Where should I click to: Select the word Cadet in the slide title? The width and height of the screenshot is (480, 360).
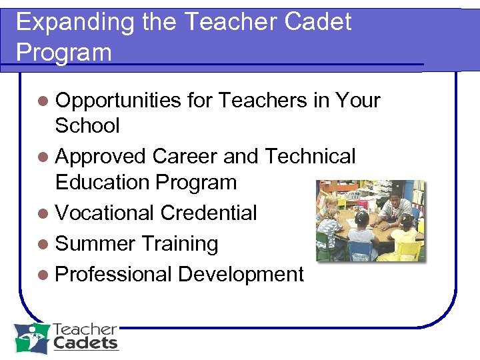coord(318,23)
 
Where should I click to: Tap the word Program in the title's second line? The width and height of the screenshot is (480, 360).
coord(64,52)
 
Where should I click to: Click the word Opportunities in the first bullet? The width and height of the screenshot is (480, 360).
coord(118,101)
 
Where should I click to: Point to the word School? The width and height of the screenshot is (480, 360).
coord(87,125)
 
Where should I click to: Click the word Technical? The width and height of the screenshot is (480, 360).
coord(310,157)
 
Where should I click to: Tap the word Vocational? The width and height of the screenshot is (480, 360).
coord(105,213)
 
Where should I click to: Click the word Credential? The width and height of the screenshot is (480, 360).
coord(209,213)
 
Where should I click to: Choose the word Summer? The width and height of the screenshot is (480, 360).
coord(95,244)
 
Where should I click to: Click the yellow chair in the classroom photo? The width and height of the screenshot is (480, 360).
coord(408,251)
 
